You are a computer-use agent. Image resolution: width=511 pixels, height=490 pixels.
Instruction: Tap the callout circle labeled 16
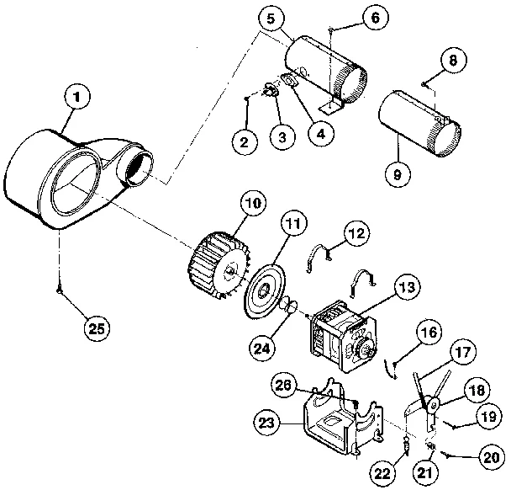pyautogui.click(x=428, y=333)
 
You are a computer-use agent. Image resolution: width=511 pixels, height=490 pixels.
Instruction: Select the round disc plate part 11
pyautogui.click(x=264, y=288)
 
